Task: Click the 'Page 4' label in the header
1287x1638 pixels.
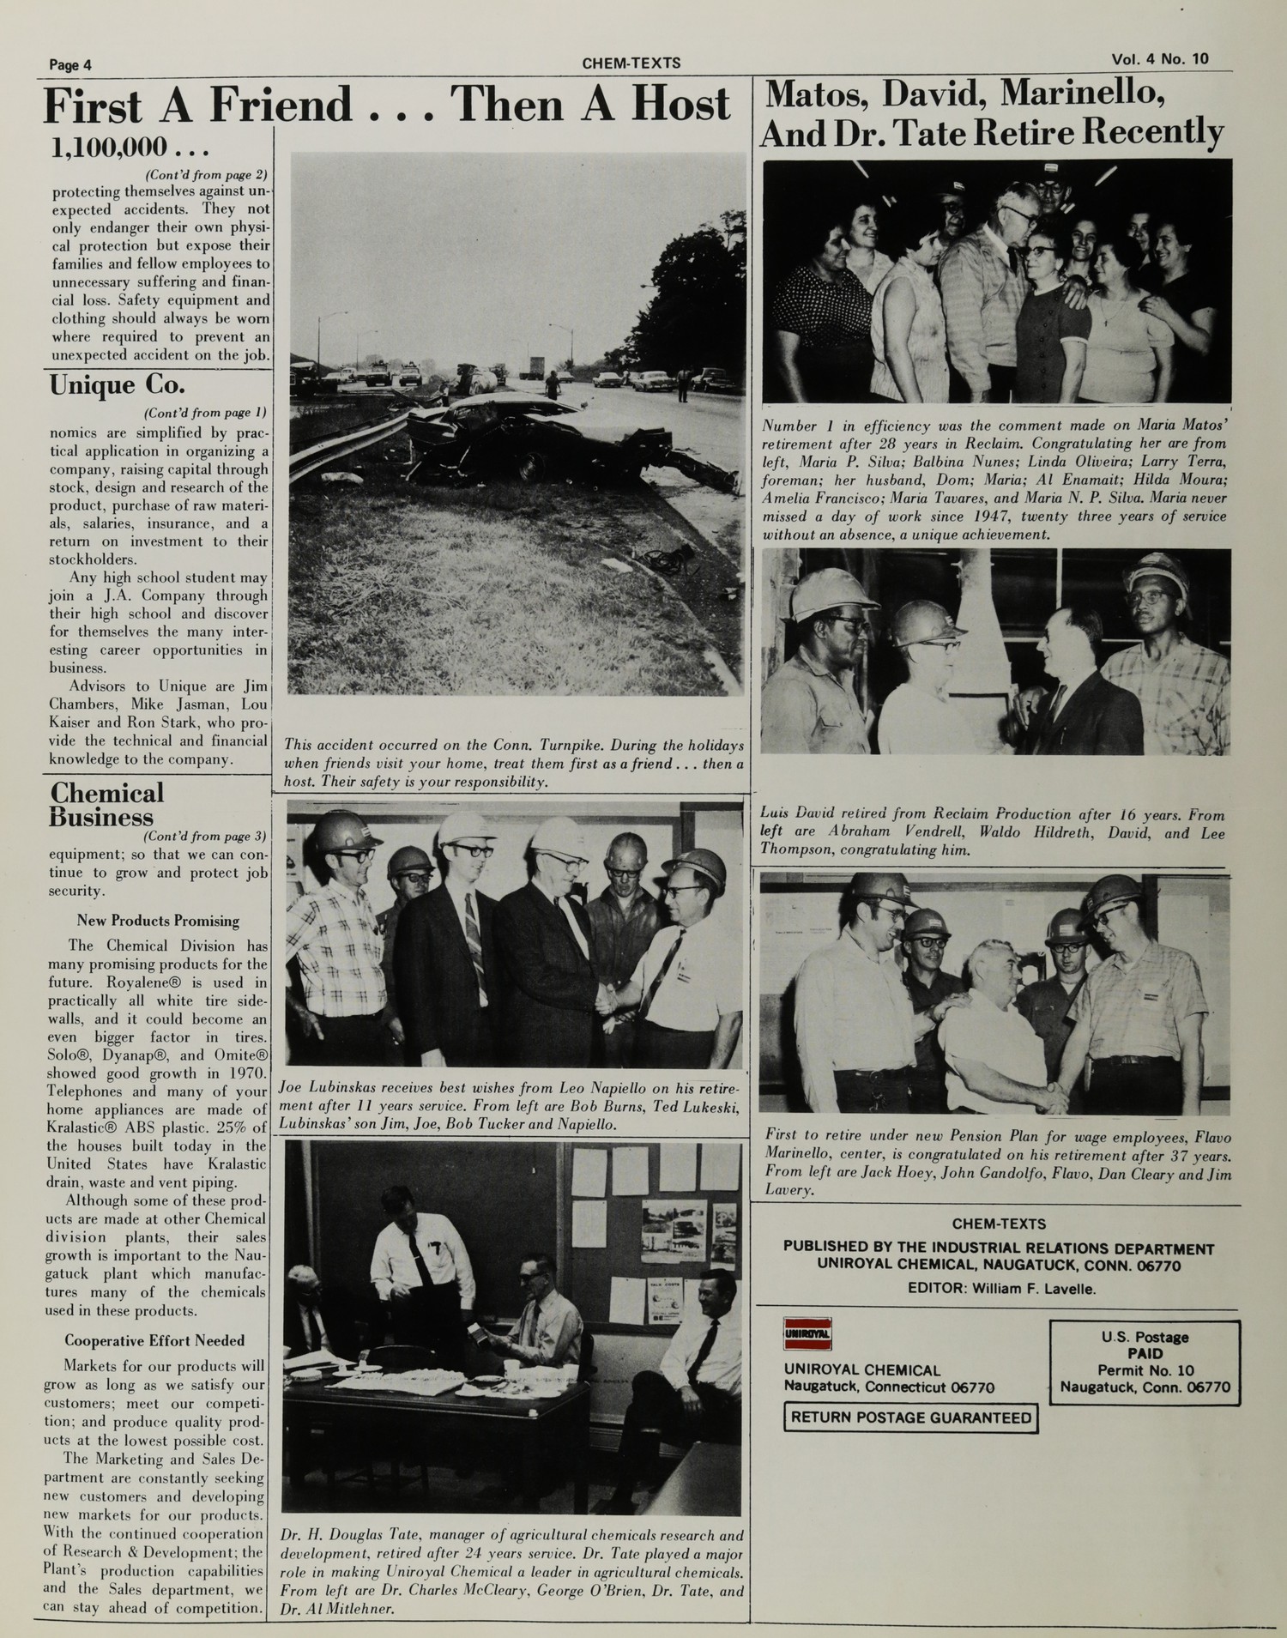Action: [x=70, y=64]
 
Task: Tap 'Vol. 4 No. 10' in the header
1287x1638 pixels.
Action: [x=1160, y=59]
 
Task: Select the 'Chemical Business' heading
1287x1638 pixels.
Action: [x=106, y=804]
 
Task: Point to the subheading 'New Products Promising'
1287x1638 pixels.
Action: [x=157, y=921]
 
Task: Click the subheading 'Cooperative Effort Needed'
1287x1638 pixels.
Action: [x=154, y=1340]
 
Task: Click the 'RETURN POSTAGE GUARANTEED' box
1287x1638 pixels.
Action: [x=910, y=1417]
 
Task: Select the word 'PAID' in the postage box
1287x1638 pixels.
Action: [x=1145, y=1353]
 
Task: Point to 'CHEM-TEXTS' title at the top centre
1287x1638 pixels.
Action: [x=631, y=63]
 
